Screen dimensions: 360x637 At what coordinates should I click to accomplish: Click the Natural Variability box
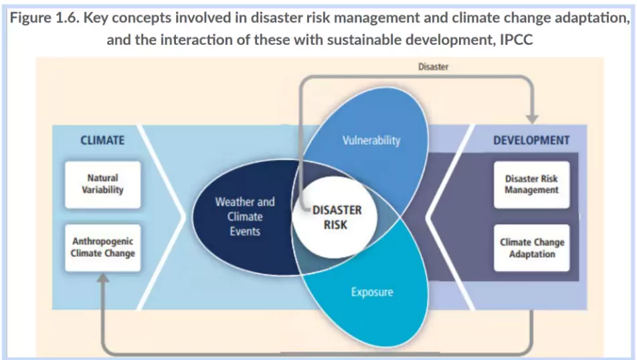103,183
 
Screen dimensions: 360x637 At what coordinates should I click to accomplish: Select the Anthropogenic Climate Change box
103,248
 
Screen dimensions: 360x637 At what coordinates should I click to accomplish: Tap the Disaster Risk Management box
531,185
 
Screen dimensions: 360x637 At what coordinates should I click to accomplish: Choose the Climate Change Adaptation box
531,248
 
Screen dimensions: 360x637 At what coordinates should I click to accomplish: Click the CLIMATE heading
102,141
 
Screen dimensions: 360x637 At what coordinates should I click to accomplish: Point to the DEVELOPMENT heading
531,141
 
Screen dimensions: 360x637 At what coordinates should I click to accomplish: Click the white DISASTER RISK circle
336,217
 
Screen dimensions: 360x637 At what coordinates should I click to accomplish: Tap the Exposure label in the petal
372,292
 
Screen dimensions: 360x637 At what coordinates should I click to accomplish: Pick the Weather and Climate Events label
245,216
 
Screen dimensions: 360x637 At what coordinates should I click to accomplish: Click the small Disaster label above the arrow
433,67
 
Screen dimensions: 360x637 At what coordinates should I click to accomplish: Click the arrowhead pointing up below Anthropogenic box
103,280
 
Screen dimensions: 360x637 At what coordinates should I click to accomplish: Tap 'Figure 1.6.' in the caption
43,17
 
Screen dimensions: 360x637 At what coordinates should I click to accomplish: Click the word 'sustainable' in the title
391,39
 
